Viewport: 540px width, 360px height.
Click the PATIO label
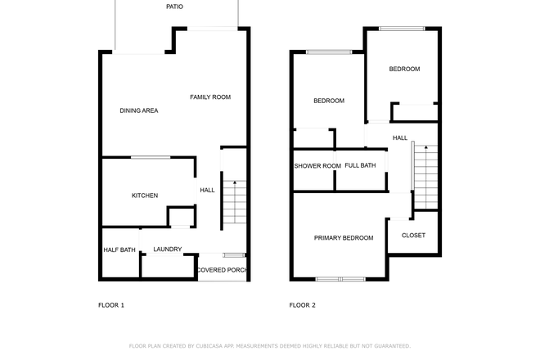[174, 7]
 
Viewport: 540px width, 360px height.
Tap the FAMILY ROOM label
[210, 97]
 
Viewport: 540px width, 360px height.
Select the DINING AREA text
[139, 110]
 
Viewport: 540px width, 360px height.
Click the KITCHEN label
[145, 196]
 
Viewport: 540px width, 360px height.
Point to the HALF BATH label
[119, 250]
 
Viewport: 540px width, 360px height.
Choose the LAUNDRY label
[168, 250]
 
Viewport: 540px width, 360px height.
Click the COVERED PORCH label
[222, 270]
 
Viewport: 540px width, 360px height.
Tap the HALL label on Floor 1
[207, 191]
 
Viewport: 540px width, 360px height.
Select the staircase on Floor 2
[425, 176]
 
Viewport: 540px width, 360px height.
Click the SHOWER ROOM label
[317, 166]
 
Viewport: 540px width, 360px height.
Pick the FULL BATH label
[360, 165]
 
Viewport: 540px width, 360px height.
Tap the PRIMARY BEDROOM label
[344, 238]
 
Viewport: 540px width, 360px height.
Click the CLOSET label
[413, 236]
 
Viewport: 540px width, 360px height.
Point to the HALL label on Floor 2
[400, 138]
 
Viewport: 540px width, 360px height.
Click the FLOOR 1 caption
[110, 305]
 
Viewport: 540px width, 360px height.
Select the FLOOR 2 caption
[302, 305]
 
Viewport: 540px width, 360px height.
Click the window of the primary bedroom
[340, 279]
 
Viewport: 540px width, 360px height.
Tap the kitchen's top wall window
[151, 157]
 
